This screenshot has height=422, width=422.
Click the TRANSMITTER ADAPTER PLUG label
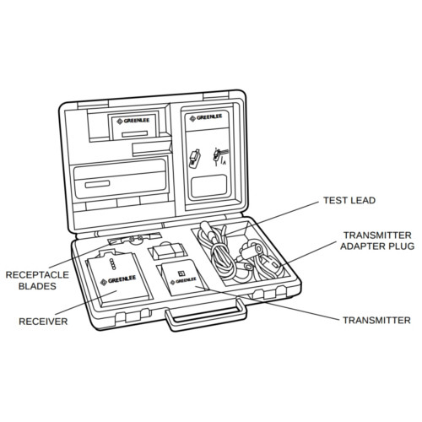(x=376, y=241)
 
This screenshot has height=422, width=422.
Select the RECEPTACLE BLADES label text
(x=31, y=280)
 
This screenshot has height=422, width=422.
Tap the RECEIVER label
(x=43, y=321)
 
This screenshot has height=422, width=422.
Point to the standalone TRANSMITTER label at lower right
(x=376, y=321)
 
